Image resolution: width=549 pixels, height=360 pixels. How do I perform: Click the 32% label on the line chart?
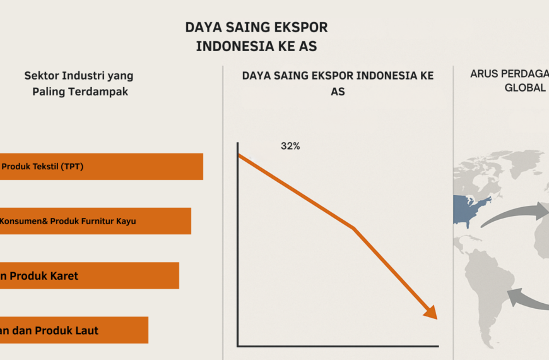tap(290, 146)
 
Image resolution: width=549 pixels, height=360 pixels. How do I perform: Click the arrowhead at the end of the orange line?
tap(431, 312)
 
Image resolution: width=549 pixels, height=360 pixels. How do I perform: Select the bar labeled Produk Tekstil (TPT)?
tap(101, 167)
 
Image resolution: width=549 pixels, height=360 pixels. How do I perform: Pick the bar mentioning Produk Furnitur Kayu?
tap(95, 221)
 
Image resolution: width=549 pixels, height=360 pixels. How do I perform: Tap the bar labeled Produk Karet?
tap(88, 276)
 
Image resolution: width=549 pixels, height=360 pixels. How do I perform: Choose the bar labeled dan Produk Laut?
tap(73, 330)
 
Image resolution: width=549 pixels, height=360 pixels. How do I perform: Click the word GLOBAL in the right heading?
tap(524, 88)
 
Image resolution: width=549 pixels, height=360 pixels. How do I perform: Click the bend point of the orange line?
tap(354, 228)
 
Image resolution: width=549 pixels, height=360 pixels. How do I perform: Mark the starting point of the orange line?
tap(238, 154)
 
